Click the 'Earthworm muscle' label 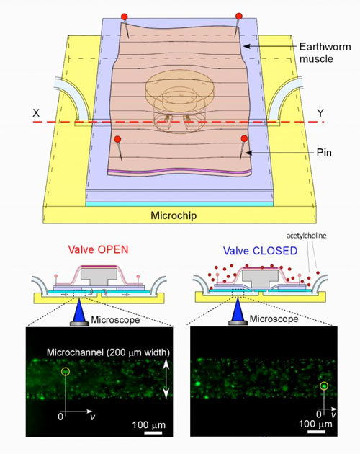click(x=325, y=53)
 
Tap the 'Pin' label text click(x=324, y=153)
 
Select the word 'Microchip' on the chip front click(x=174, y=215)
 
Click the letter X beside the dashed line click(x=36, y=112)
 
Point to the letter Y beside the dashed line click(x=320, y=112)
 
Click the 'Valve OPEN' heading click(x=98, y=249)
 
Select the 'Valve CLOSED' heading click(x=260, y=251)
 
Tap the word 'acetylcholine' click(x=306, y=236)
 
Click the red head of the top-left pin click(x=124, y=16)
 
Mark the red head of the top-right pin click(x=239, y=16)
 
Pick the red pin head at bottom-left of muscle click(x=117, y=139)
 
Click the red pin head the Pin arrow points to click(x=244, y=138)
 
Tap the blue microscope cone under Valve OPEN click(x=79, y=310)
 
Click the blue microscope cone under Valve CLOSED click(x=238, y=310)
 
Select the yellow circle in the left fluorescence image click(x=66, y=371)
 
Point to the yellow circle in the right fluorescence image click(x=324, y=386)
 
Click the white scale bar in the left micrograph click(x=153, y=432)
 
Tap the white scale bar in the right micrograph click(x=316, y=432)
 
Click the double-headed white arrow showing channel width click(x=166, y=379)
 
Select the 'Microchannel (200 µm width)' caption click(x=108, y=352)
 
